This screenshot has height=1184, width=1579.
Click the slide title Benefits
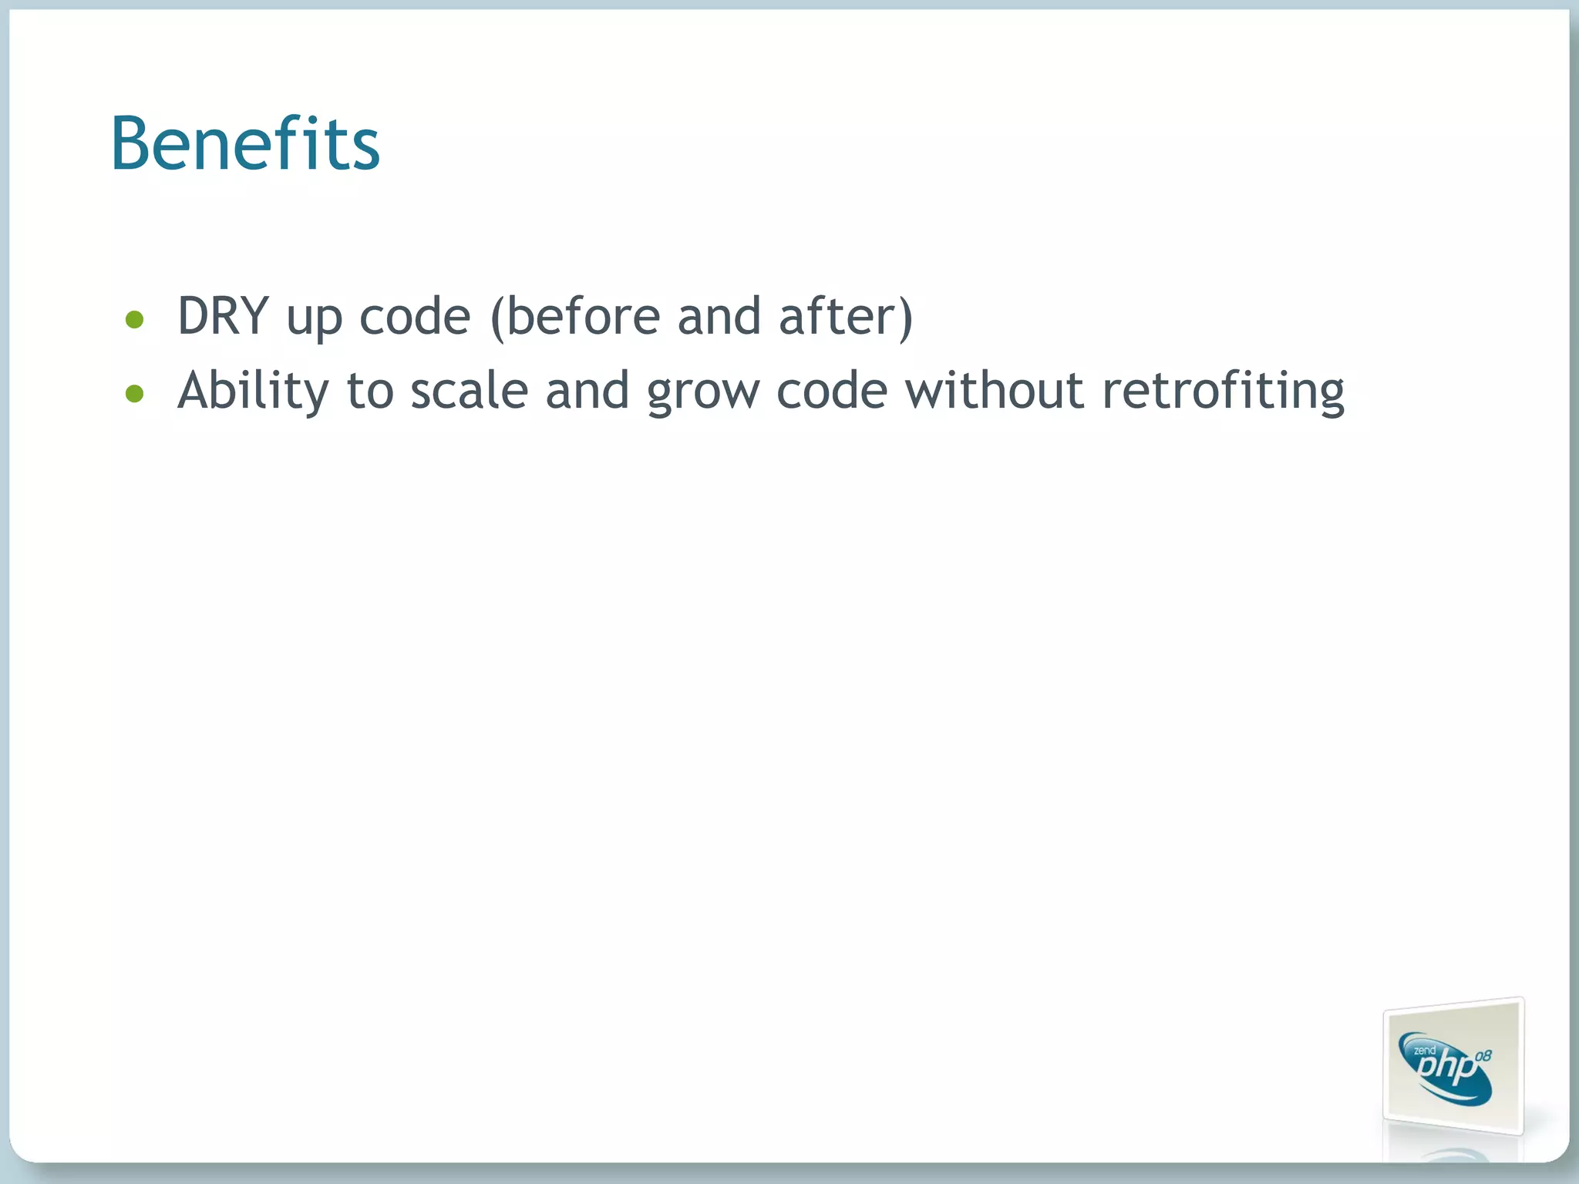pyautogui.click(x=245, y=144)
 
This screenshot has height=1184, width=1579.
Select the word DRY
pyautogui.click(x=223, y=316)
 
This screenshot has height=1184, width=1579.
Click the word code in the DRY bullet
pyautogui.click(x=415, y=317)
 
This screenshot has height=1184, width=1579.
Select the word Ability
pyautogui.click(x=253, y=391)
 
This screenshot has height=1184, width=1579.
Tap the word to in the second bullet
pyautogui.click(x=370, y=391)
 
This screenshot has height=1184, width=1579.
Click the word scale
pyautogui.click(x=469, y=391)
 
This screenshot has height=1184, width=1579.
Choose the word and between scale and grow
pyautogui.click(x=587, y=391)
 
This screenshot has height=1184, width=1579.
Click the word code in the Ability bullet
pyautogui.click(x=832, y=391)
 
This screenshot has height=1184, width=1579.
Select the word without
pyautogui.click(x=995, y=391)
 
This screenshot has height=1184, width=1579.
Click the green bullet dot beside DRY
pyautogui.click(x=135, y=319)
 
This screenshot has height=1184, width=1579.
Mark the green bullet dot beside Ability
pyautogui.click(x=135, y=394)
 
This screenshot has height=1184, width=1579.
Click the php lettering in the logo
pyautogui.click(x=1447, y=1070)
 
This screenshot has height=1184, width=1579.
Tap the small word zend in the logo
pyautogui.click(x=1424, y=1050)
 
